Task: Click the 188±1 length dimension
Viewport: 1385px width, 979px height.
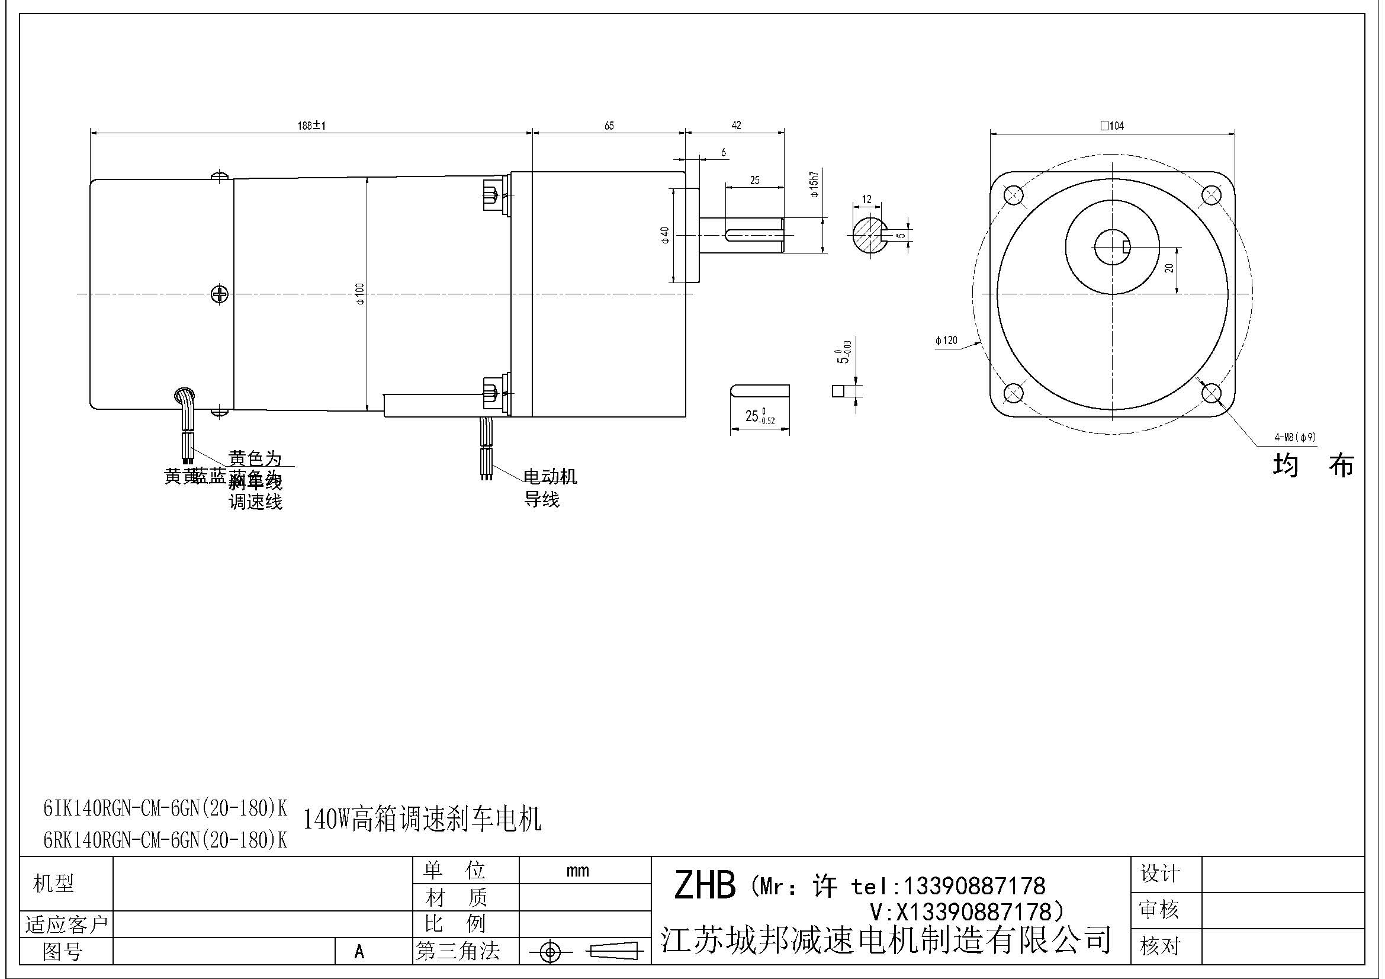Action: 311,126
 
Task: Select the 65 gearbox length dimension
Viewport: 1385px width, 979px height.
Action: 609,126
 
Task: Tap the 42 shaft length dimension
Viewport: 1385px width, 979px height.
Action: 736,125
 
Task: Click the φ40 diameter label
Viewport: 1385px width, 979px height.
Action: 665,235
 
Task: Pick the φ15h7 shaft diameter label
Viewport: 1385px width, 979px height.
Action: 814,185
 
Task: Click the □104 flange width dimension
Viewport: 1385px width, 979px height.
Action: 1112,126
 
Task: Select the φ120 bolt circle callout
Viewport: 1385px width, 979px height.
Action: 946,340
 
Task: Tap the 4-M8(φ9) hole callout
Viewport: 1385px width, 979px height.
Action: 1294,437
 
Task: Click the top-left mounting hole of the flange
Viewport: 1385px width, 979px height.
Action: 1013,195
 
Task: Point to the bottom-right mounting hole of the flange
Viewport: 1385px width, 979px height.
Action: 1212,393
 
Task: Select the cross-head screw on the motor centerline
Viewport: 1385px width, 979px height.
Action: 220,294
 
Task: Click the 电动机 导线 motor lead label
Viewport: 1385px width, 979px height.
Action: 549,487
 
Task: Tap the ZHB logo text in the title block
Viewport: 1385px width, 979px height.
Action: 705,885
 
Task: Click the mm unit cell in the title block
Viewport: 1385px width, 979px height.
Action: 577,871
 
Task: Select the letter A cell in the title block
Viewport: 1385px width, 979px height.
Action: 359,951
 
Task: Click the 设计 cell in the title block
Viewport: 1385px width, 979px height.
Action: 1159,874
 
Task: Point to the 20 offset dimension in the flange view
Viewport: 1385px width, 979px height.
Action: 1169,267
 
